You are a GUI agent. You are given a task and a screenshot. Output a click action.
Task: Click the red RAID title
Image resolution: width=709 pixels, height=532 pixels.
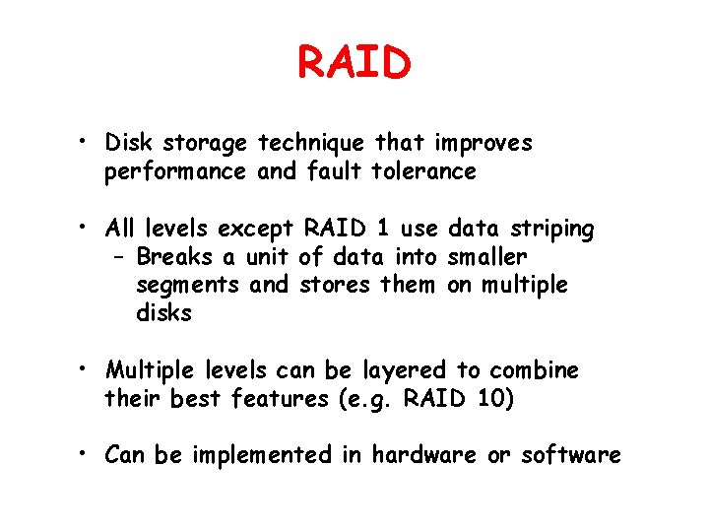coord(354,63)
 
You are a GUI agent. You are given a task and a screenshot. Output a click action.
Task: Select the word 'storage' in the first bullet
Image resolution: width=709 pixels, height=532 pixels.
coord(205,144)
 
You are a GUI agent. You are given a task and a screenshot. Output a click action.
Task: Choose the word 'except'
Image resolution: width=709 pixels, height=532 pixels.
coord(255,231)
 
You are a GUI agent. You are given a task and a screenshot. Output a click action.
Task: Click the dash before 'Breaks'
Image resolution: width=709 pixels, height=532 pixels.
coord(119,258)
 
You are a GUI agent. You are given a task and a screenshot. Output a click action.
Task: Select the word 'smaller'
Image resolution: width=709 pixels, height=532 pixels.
coord(487,257)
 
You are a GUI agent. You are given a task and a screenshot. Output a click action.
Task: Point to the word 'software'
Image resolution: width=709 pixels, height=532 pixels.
coord(571,455)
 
